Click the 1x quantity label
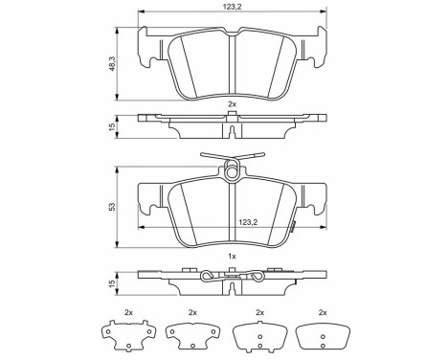(x=232, y=257)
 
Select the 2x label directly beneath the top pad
(x=232, y=102)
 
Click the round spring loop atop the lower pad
(x=232, y=172)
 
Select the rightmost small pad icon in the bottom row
(x=321, y=336)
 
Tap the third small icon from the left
(x=256, y=336)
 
